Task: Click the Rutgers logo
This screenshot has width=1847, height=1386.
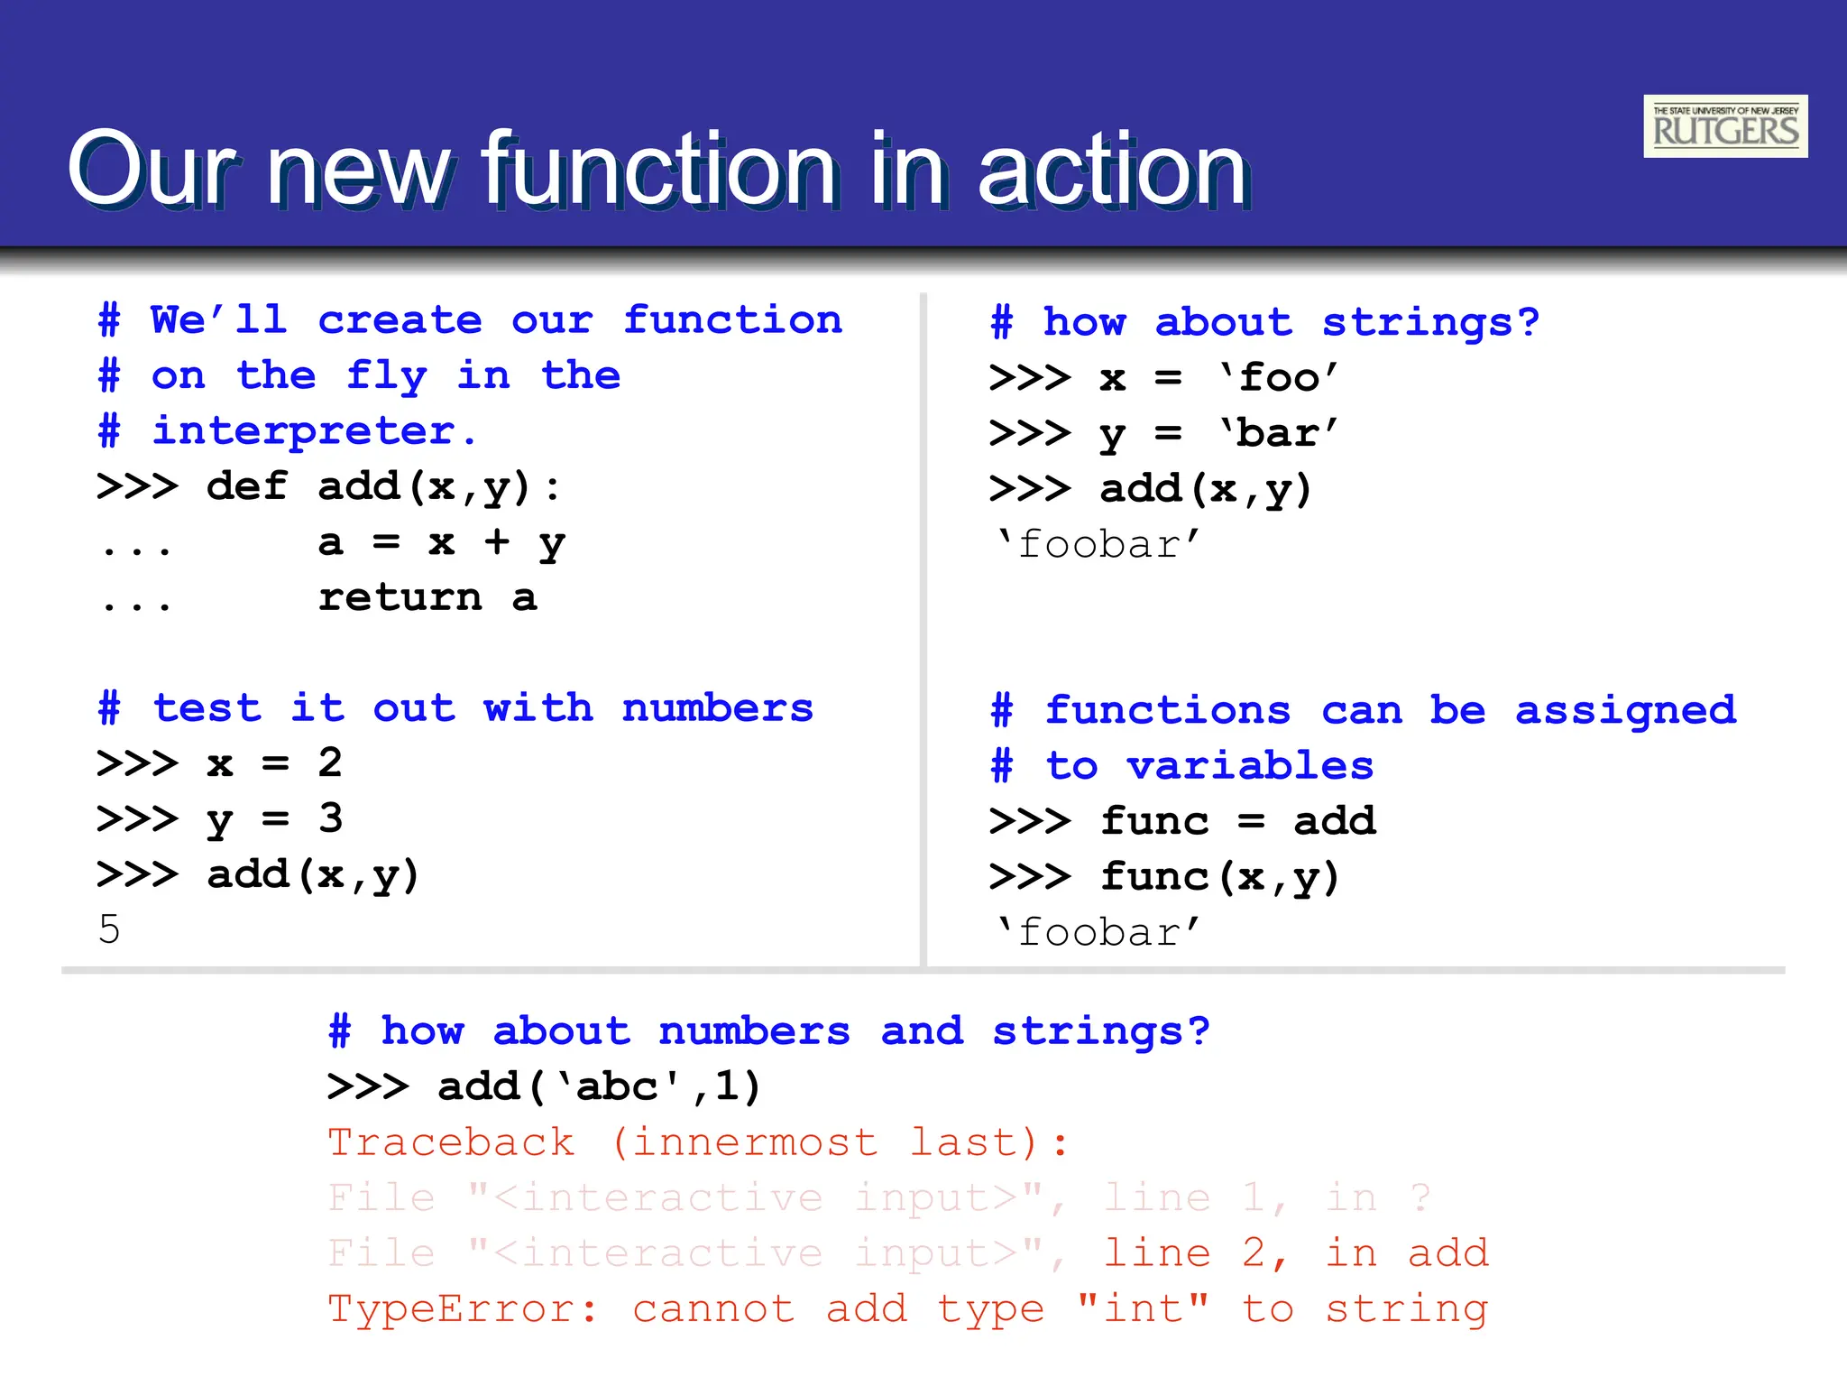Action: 1724,126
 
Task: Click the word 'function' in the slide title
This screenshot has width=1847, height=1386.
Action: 659,170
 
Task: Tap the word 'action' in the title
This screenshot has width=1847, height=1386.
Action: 1113,170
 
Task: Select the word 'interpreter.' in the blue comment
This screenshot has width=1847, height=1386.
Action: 314,431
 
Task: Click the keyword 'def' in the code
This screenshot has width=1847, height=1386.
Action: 247,487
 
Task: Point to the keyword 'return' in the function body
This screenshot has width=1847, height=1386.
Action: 400,597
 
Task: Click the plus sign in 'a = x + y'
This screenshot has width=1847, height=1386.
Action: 496,542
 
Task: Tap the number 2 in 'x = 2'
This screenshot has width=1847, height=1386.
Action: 330,763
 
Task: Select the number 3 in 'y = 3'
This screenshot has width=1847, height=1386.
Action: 330,818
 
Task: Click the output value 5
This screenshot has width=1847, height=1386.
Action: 109,929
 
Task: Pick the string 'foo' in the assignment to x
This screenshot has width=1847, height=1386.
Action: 1279,377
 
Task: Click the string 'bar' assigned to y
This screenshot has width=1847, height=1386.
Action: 1279,433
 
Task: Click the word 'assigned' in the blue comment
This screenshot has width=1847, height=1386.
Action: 1625,711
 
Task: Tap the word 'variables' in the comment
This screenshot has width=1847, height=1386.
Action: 1250,766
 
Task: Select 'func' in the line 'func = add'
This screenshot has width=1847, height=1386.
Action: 1154,821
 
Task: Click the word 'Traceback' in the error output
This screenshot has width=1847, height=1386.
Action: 451,1143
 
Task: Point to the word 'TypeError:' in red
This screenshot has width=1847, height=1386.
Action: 463,1309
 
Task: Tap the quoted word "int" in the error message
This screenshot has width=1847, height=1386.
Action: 1143,1309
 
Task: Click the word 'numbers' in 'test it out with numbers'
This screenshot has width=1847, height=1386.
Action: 718,708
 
